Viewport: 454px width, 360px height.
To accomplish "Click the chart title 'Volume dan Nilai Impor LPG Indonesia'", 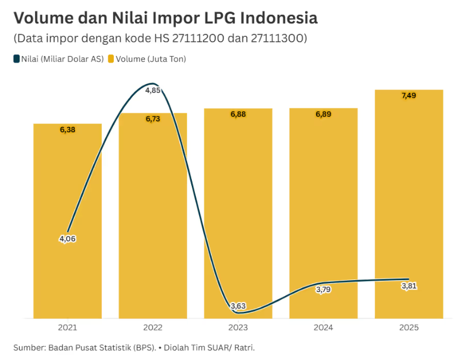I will pyautogui.click(x=165, y=18).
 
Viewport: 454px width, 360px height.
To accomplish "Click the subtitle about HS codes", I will pyautogui.click(x=160, y=39).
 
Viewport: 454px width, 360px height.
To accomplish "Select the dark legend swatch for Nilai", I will pyautogui.click(x=16, y=59).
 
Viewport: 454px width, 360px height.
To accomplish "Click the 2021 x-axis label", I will pyautogui.click(x=67, y=328).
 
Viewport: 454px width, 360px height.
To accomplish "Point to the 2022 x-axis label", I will pyautogui.click(x=153, y=328).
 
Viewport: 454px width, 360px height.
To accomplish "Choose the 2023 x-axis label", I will pyautogui.click(x=238, y=328).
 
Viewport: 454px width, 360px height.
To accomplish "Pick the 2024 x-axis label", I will pyautogui.click(x=324, y=328).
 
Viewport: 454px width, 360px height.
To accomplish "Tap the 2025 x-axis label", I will pyautogui.click(x=409, y=328).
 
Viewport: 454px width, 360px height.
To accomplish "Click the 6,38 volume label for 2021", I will pyautogui.click(x=67, y=129).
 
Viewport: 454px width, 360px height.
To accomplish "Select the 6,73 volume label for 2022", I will pyautogui.click(x=153, y=119).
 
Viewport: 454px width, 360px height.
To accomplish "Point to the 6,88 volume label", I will pyautogui.click(x=238, y=114).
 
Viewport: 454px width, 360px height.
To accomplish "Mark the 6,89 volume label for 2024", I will pyautogui.click(x=324, y=114).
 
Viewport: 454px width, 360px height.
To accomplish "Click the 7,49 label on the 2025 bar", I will pyautogui.click(x=409, y=95).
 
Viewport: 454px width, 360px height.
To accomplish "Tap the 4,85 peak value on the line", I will pyautogui.click(x=153, y=91).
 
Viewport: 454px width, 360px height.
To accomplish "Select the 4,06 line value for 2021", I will pyautogui.click(x=67, y=238).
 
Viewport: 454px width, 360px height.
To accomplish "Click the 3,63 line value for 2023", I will pyautogui.click(x=238, y=306).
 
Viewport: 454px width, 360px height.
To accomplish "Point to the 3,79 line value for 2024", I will pyautogui.click(x=324, y=290).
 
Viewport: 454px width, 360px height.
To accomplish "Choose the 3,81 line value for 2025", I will pyautogui.click(x=409, y=286).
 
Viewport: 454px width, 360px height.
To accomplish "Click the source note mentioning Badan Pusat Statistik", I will pyautogui.click(x=138, y=347).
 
